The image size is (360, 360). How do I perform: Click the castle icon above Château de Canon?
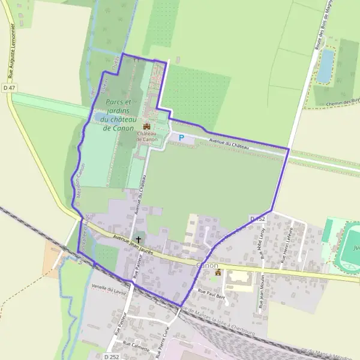point(146,126)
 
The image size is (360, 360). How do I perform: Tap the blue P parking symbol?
point(181,137)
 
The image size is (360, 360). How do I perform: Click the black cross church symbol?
point(139,239)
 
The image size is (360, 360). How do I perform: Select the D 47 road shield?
point(8,88)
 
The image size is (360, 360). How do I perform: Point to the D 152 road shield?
point(257,218)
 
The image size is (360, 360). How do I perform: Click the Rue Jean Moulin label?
point(262,292)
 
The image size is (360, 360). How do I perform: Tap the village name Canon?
point(208,265)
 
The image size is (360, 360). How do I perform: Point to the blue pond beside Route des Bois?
point(325,65)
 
